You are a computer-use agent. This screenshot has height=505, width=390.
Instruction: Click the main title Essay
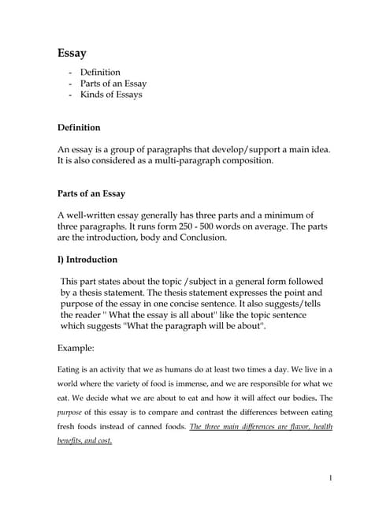tap(72, 54)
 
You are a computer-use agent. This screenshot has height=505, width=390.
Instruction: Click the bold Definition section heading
tap(79, 127)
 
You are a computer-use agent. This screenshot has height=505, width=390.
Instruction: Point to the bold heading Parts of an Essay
tap(91, 193)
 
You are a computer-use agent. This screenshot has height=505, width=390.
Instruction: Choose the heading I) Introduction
tap(87, 260)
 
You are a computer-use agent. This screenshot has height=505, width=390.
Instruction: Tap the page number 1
tap(332, 477)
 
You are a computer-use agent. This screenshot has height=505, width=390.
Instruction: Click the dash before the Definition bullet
tap(71, 73)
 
